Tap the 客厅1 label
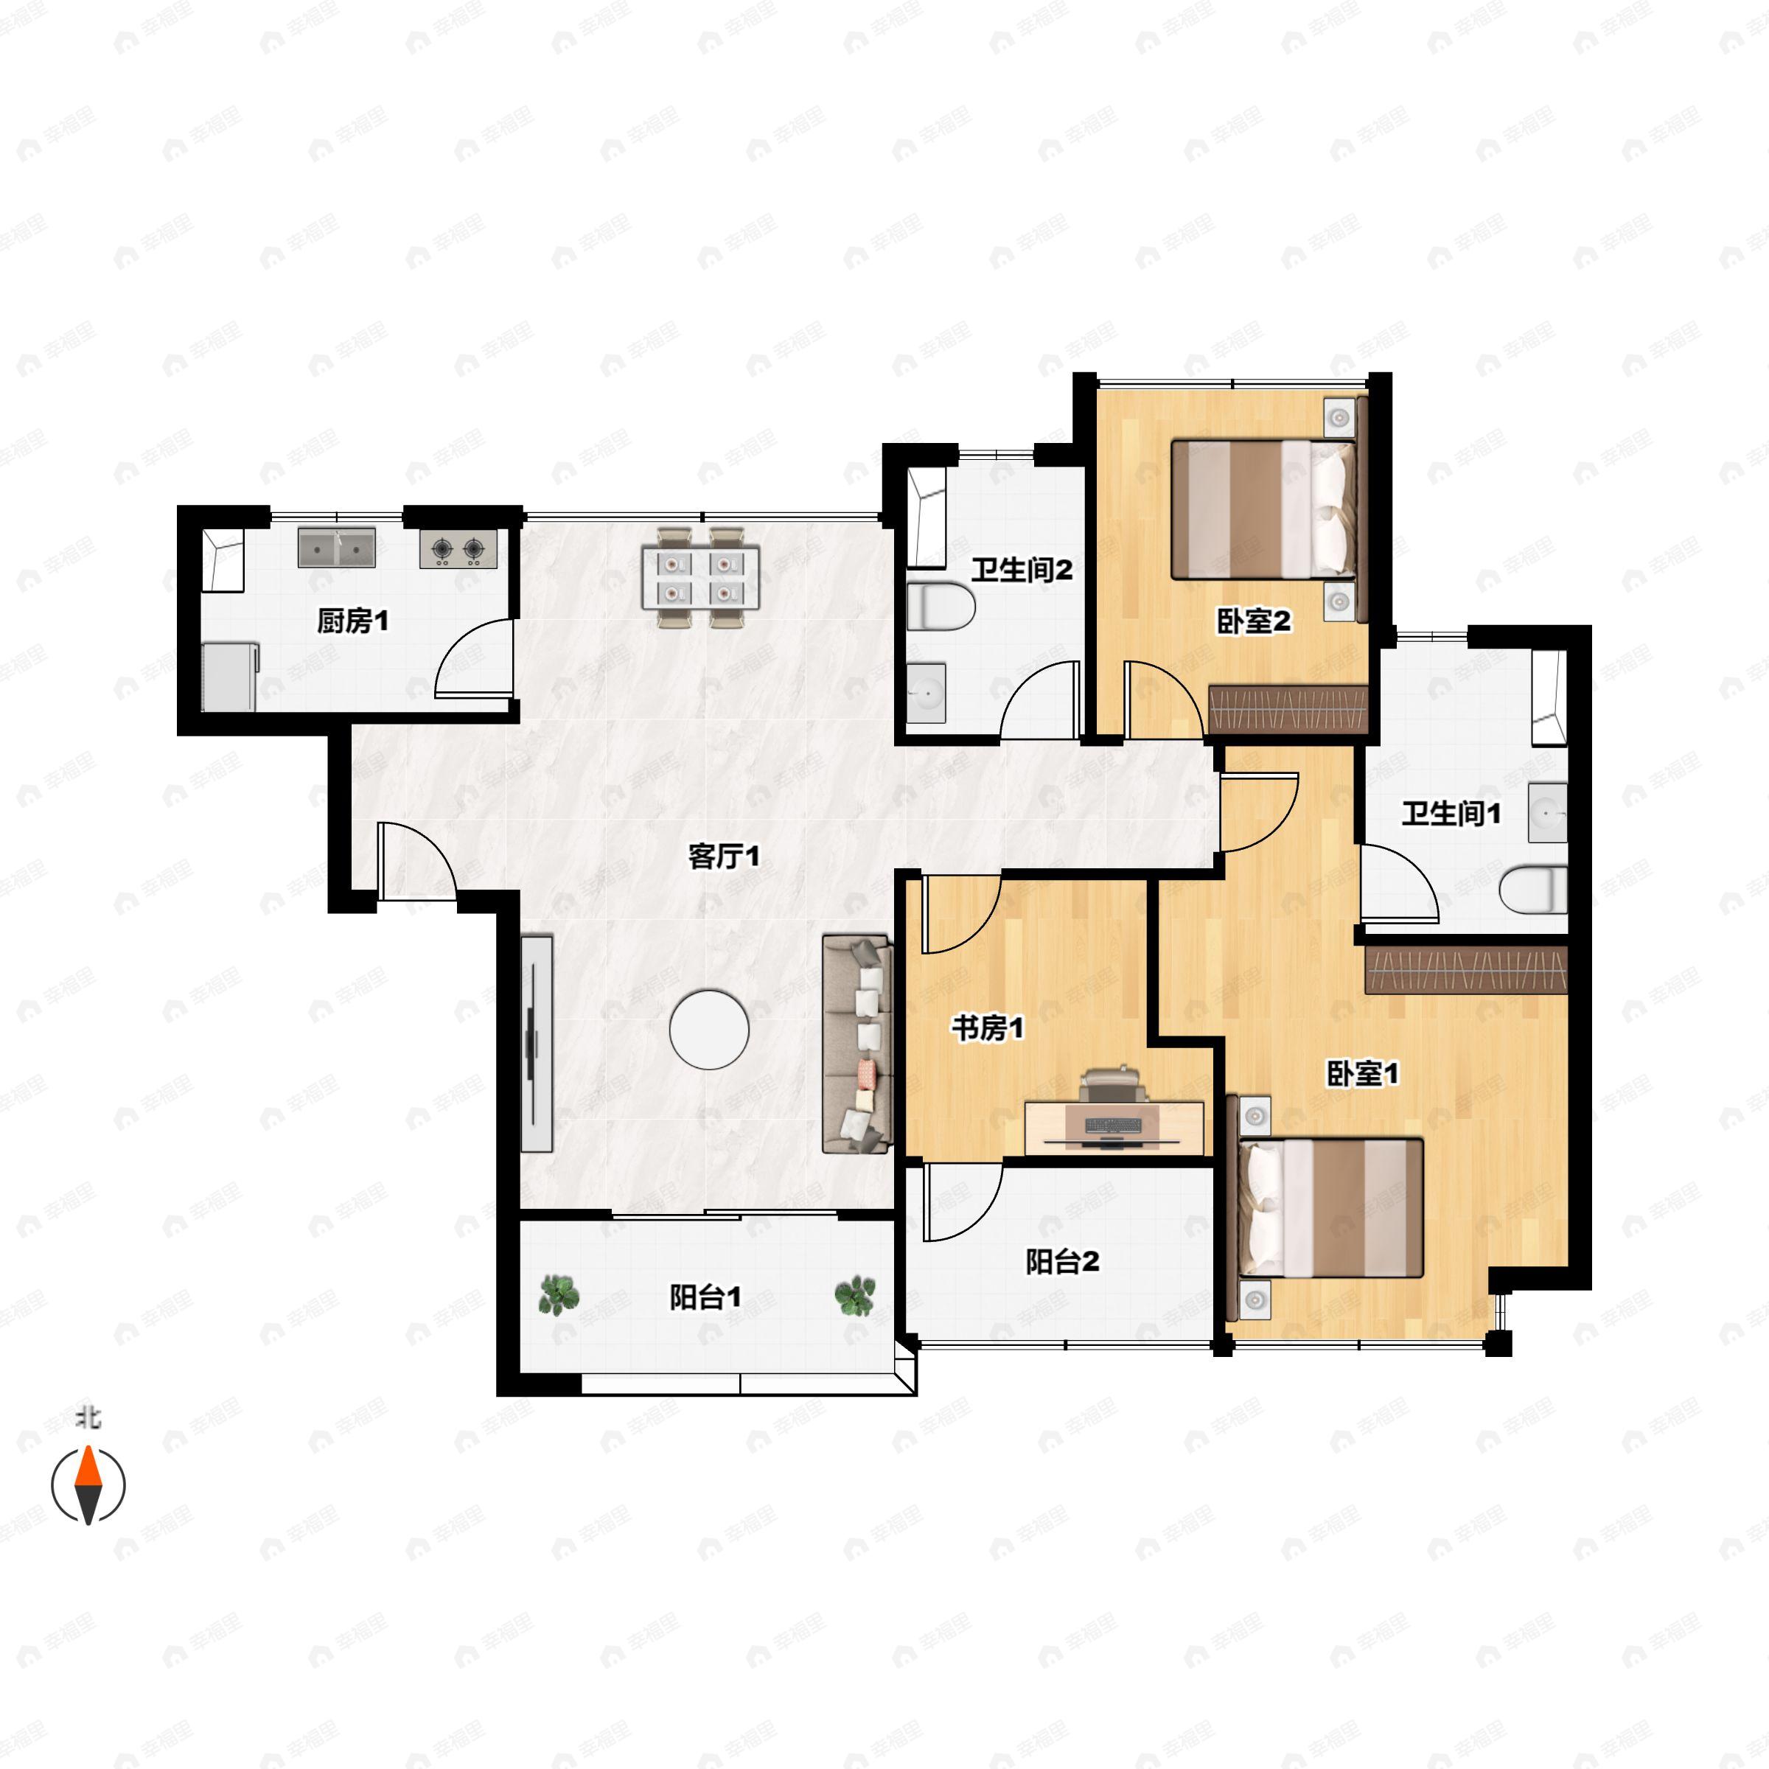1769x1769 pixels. tap(723, 856)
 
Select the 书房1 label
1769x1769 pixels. tap(987, 1027)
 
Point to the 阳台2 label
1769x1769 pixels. tap(1062, 1262)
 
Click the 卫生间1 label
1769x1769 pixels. tap(1451, 813)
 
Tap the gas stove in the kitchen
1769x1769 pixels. tap(458, 548)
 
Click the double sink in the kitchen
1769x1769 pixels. tap(336, 548)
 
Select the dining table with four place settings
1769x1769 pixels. tap(700, 578)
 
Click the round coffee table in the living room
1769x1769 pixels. tap(708, 1029)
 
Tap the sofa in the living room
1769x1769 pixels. tap(857, 1043)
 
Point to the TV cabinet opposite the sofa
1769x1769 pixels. tap(537, 1043)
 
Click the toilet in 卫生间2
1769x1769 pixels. tap(941, 606)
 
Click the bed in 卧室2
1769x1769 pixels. tap(1263, 510)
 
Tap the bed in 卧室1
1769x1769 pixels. tap(1330, 1208)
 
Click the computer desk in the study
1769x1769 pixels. tap(1114, 1127)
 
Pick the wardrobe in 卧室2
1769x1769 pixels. tap(1288, 708)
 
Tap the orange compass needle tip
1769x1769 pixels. tap(88, 1448)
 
